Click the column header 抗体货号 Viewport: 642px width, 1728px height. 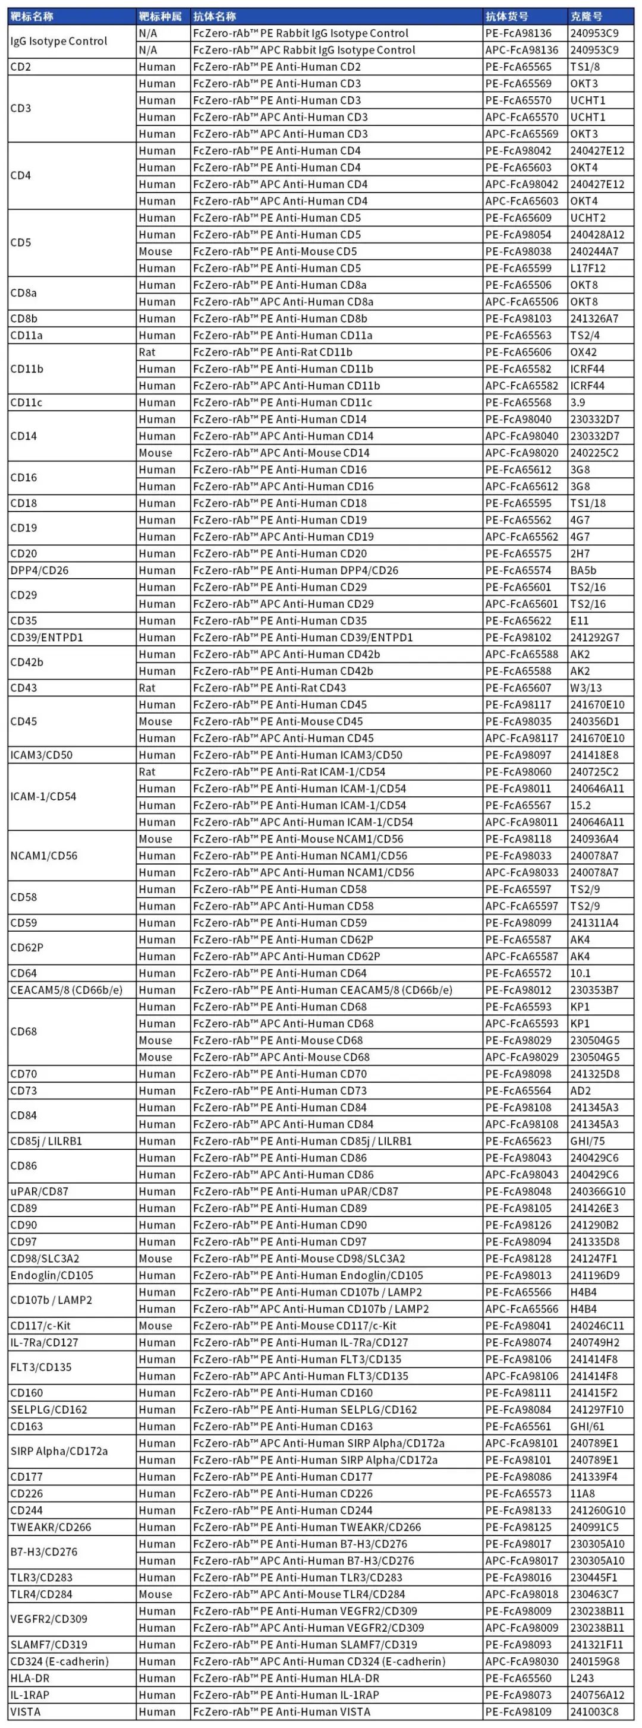coord(506,16)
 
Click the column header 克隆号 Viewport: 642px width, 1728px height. coord(586,16)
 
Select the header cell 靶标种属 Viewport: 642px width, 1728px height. coord(160,16)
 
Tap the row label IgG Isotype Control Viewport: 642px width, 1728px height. coord(58,41)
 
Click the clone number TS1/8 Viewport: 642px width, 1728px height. coord(585,67)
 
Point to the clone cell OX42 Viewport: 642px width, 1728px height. coord(583,352)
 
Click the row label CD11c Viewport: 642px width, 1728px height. coord(26,402)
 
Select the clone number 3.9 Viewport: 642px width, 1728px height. coord(578,402)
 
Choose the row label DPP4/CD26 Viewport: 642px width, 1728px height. coord(39,570)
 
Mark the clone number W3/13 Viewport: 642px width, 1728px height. coord(586,688)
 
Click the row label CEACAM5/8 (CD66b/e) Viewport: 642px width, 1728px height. coord(67,989)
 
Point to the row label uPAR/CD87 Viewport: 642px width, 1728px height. coord(39,1191)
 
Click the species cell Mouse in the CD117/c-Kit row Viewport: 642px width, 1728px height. coord(155,1325)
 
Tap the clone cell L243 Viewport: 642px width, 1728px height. coord(583,1677)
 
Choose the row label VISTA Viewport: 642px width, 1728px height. coord(25,1711)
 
